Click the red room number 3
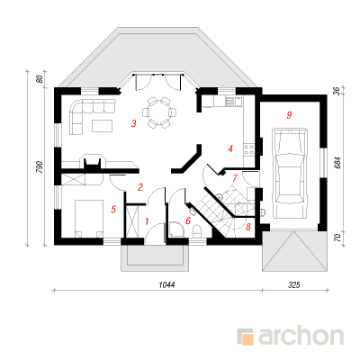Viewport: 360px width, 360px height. (134, 123)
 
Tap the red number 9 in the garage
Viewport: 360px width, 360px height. (289, 115)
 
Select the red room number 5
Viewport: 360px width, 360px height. (113, 210)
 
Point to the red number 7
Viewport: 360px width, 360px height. (235, 178)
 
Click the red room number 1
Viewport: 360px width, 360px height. (147, 221)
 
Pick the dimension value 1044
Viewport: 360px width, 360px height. (166, 284)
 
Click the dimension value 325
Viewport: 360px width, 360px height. (294, 284)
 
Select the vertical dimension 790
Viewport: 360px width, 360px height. (40, 166)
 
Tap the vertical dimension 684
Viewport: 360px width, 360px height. (338, 162)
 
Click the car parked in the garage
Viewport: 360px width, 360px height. (290, 174)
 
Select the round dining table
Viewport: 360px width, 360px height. (159, 112)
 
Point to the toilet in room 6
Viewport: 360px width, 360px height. (198, 231)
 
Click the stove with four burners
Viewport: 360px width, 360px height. (249, 149)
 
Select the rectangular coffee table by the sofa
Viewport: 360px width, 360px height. (103, 126)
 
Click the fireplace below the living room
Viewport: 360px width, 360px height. (92, 163)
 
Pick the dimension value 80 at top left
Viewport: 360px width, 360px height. (40, 79)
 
